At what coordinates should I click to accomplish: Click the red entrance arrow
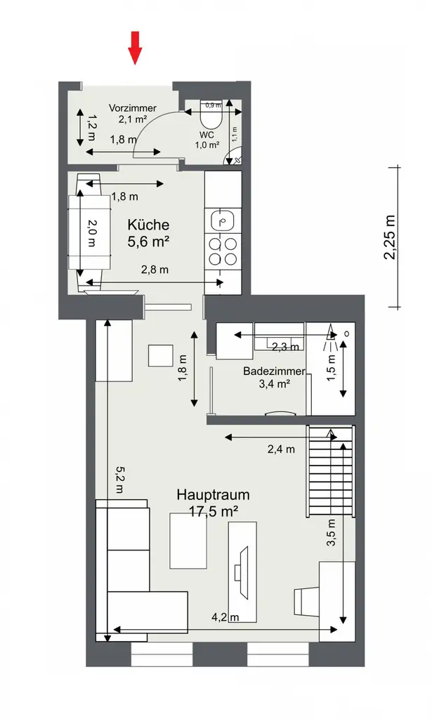135,47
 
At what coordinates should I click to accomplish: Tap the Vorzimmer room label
132,108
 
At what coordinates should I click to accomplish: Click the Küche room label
148,225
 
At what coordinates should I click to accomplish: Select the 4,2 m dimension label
225,618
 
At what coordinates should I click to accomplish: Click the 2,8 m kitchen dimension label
155,270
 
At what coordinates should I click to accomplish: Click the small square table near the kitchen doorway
161,355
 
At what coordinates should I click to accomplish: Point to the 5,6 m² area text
150,242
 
